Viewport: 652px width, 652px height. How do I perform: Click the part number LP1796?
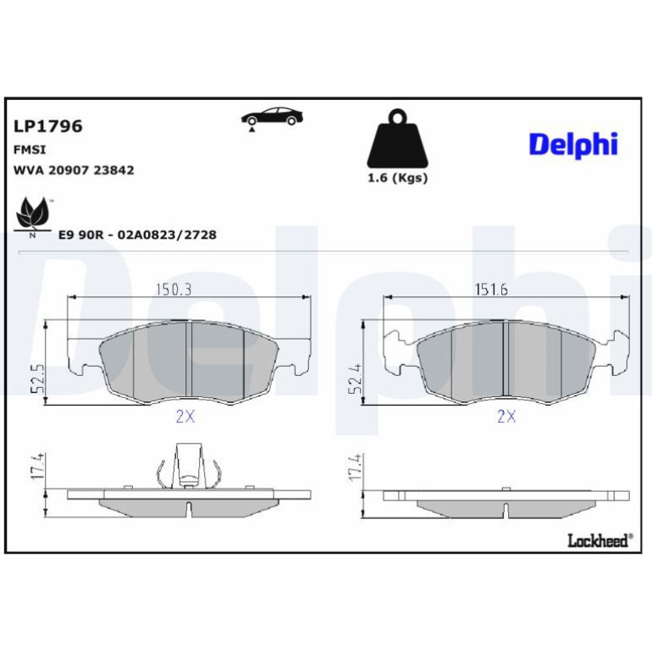tap(48, 126)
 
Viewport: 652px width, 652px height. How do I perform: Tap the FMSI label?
tap(30, 150)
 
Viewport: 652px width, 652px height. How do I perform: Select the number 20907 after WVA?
tap(69, 170)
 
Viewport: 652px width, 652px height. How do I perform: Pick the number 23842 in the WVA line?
tap(113, 170)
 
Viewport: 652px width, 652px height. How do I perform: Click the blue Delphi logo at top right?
tap(573, 144)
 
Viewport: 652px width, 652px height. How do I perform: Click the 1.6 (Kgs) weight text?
tap(397, 178)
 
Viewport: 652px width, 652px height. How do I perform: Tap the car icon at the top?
tap(272, 118)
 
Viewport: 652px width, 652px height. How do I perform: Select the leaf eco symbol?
tap(32, 217)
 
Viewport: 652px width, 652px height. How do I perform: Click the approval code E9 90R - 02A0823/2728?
tap(137, 235)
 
